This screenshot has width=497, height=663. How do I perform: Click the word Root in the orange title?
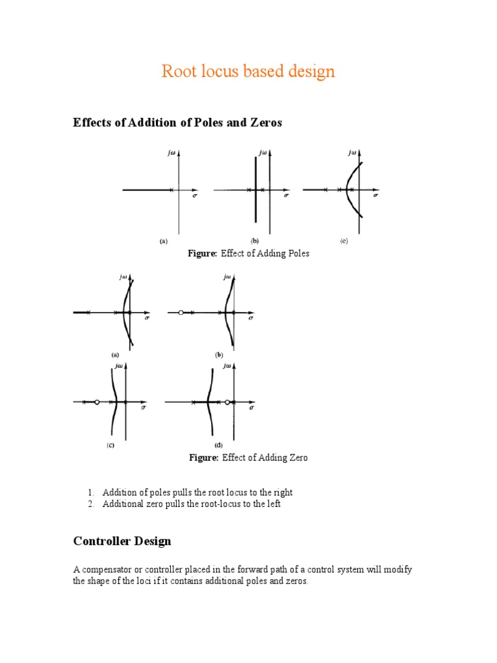tap(177, 71)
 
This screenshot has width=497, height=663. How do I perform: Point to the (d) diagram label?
tap(218, 445)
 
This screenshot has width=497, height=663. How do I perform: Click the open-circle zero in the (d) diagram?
tap(227, 402)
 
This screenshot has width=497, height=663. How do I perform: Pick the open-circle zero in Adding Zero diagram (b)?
tap(181, 313)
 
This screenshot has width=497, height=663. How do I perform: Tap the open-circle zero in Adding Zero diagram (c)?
tap(96, 402)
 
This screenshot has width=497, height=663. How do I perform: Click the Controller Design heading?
tap(122, 541)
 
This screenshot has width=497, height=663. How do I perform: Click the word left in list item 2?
tap(272, 504)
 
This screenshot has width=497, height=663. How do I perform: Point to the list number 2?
tap(91, 504)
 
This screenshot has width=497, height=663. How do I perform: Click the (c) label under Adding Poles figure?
tap(344, 241)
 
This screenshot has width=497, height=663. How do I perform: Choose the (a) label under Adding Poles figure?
tap(164, 241)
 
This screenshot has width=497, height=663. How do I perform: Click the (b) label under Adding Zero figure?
tap(219, 355)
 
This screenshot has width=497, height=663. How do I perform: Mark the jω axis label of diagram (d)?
tap(227, 366)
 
